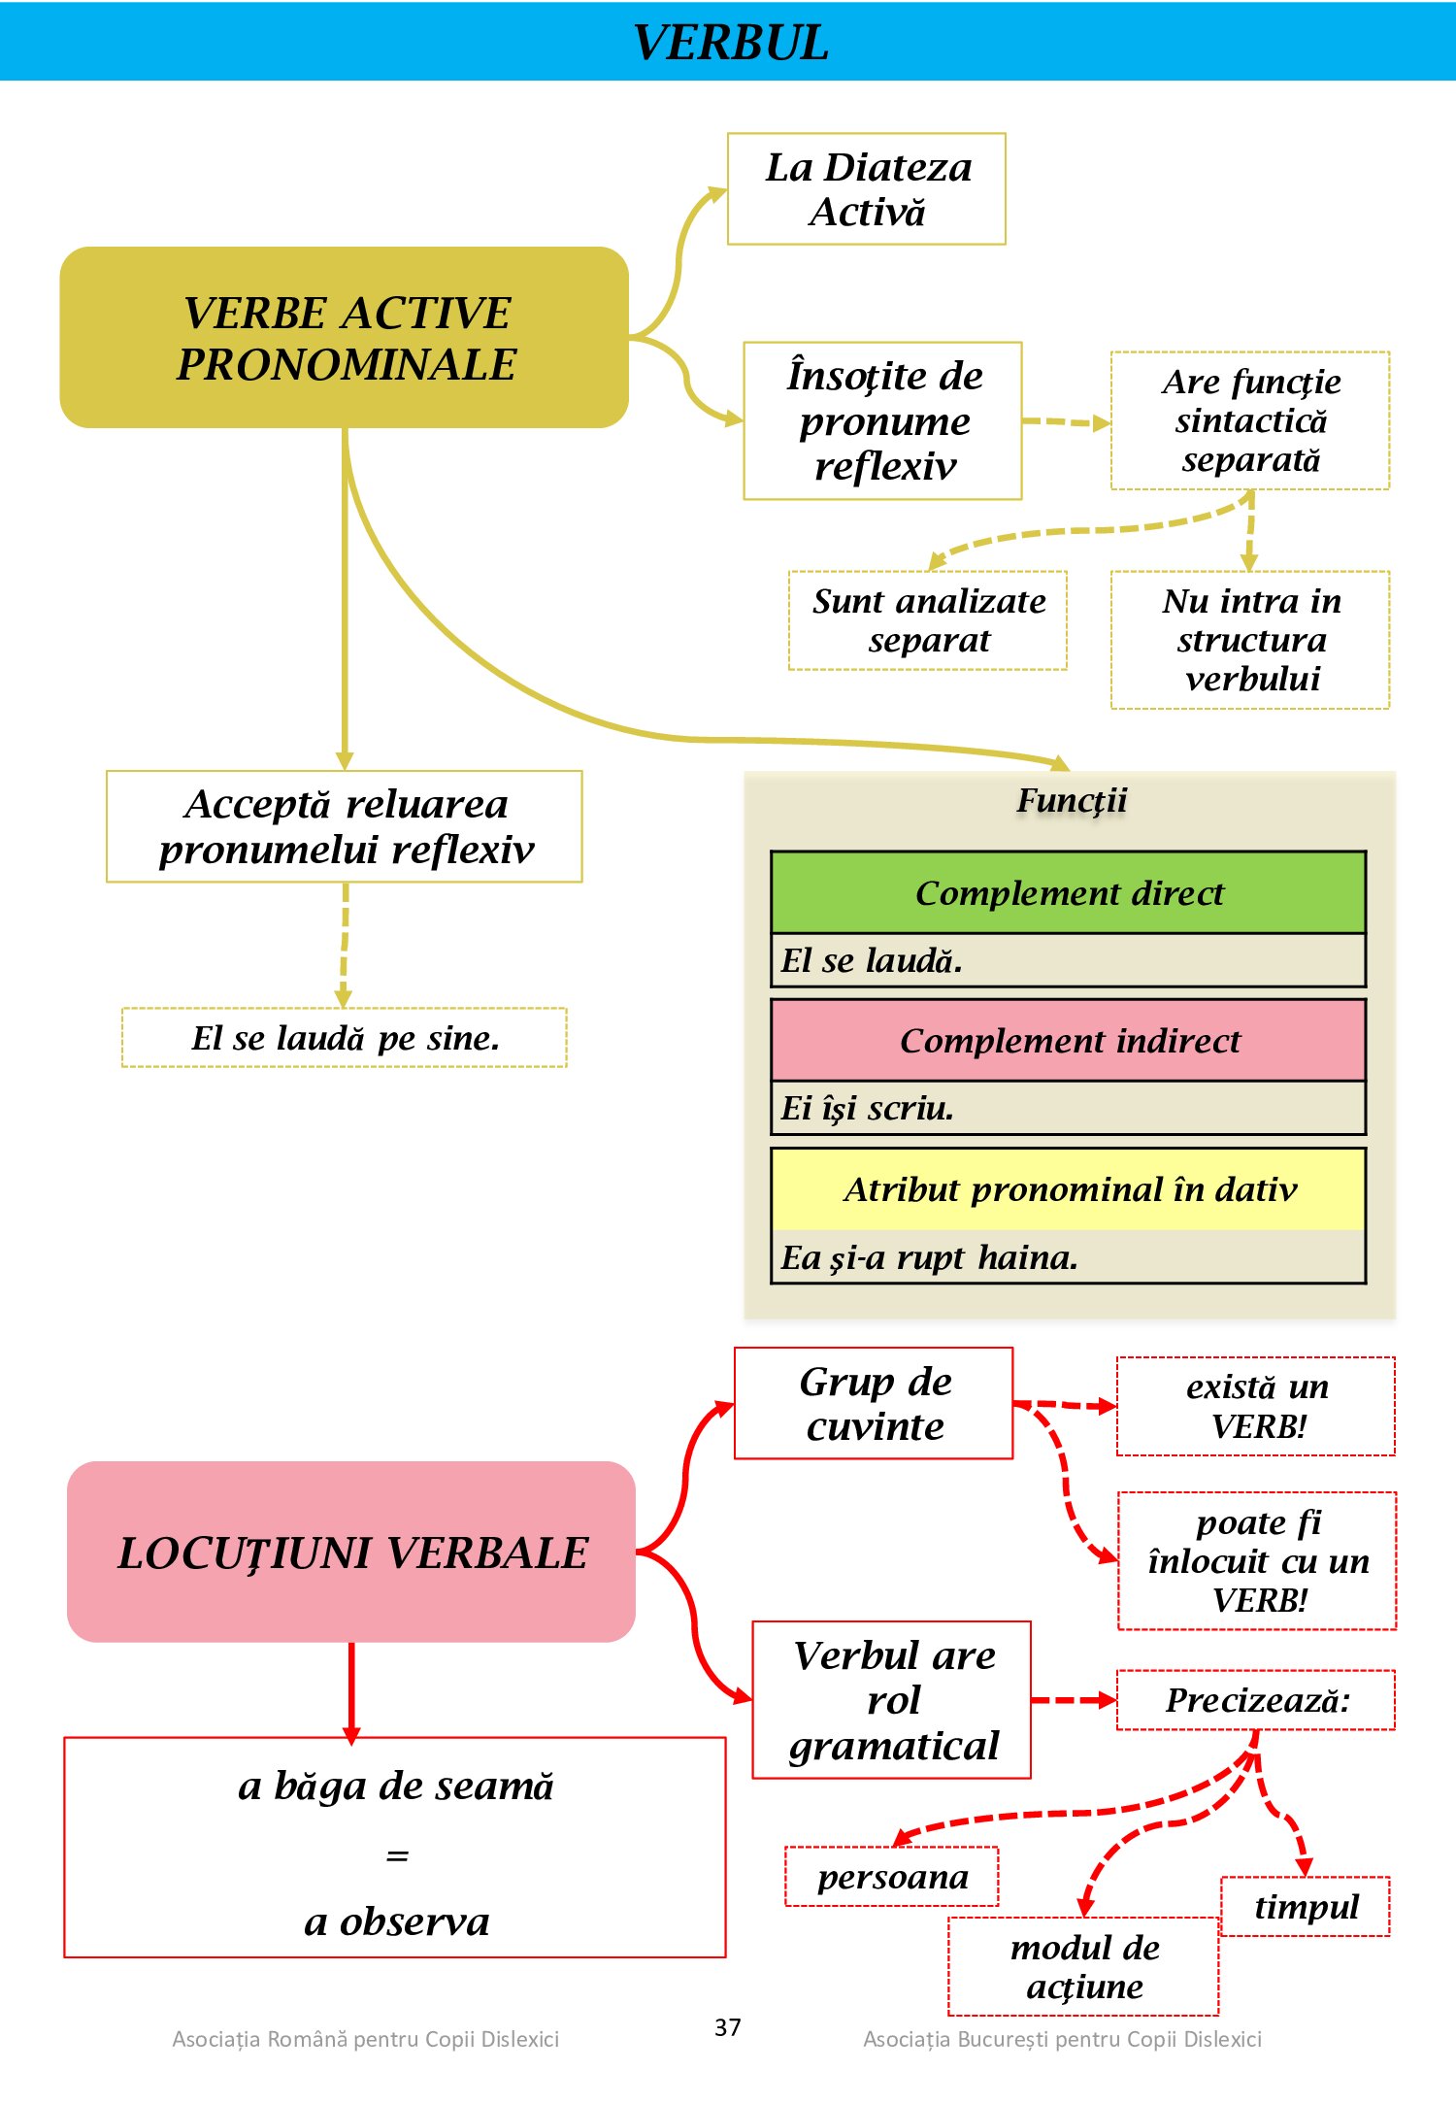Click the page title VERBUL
pos(730,43)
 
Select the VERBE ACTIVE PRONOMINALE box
pos(345,338)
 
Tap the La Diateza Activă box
pos(867,189)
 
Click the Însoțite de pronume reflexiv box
pos(883,420)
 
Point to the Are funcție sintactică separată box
pos(1250,420)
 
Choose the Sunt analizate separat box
pos(928,620)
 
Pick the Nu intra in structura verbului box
pos(1250,640)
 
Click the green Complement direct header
pos(1069,893)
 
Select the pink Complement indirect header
pos(1069,1041)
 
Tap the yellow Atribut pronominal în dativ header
pos(1069,1189)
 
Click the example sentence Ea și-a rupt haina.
pos(929,1258)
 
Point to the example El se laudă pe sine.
pos(345,1038)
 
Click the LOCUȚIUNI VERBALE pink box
pos(351,1552)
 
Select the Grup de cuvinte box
pos(874,1403)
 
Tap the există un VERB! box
pos(1256,1406)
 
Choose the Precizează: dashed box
pos(1256,1700)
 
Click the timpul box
pos(1306,1906)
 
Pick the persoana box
pos(892,1877)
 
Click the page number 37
pos(728,2027)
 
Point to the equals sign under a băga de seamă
pos(397,1855)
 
